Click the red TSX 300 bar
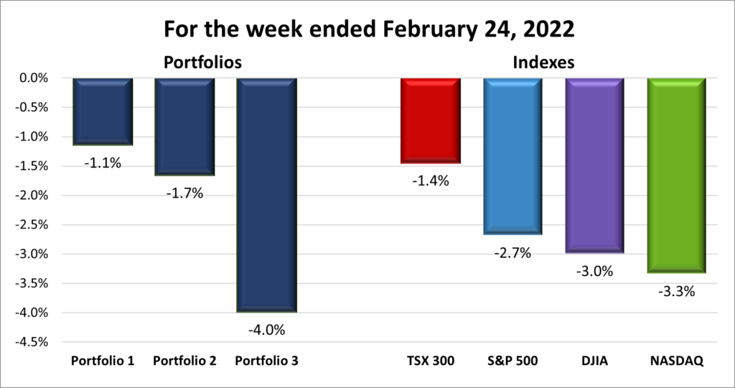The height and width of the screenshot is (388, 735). [x=431, y=121]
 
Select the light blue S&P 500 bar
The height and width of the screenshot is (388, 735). [x=512, y=157]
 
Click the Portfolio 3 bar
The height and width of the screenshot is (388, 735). [x=267, y=195]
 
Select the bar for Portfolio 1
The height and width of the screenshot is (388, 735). [x=103, y=111]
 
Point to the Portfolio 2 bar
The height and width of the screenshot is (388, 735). [x=184, y=126]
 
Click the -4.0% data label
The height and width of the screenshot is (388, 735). [x=267, y=331]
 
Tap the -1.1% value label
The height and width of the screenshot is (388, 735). [x=103, y=162]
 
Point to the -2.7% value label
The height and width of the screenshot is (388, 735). [x=512, y=253]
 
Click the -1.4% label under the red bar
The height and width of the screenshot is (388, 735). [x=431, y=181]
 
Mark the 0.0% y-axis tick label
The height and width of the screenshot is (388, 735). [x=33, y=78]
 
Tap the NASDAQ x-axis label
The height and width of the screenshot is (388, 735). [x=677, y=361]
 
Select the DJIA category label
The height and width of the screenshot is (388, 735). [x=594, y=361]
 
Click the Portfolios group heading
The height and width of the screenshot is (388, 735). [x=202, y=63]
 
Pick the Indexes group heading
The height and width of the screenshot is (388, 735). [x=543, y=63]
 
